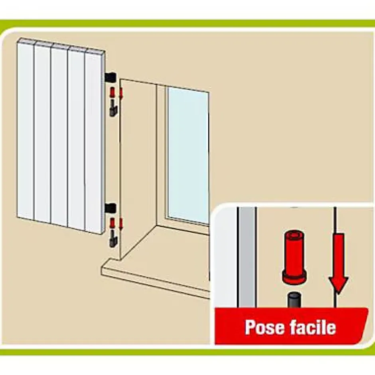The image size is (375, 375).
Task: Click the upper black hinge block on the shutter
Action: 111,77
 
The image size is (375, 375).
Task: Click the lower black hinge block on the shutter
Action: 111,208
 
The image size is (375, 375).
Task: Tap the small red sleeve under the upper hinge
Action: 112,92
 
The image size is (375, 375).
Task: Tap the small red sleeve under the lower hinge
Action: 112,223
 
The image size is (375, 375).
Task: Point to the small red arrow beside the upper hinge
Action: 121,93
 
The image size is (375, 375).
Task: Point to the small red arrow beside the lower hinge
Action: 121,224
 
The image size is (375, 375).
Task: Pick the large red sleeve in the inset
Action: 294,258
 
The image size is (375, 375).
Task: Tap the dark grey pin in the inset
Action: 294,300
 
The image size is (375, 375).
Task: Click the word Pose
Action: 265,327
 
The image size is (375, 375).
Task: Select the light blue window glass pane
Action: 187,155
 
